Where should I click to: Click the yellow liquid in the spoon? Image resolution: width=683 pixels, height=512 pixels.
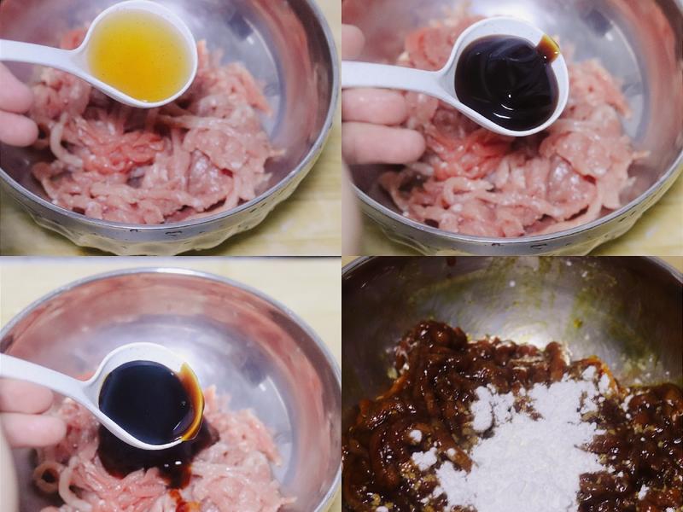point(141,55)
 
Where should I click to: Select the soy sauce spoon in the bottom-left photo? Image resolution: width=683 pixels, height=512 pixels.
point(149,401)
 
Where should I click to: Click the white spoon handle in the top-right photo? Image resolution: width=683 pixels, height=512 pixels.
point(393,75)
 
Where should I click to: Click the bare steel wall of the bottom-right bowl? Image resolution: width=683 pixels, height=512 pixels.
point(478,299)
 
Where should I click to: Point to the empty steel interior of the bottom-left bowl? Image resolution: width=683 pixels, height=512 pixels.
point(213,324)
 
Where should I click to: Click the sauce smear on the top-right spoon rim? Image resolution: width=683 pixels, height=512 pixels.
point(548,48)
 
